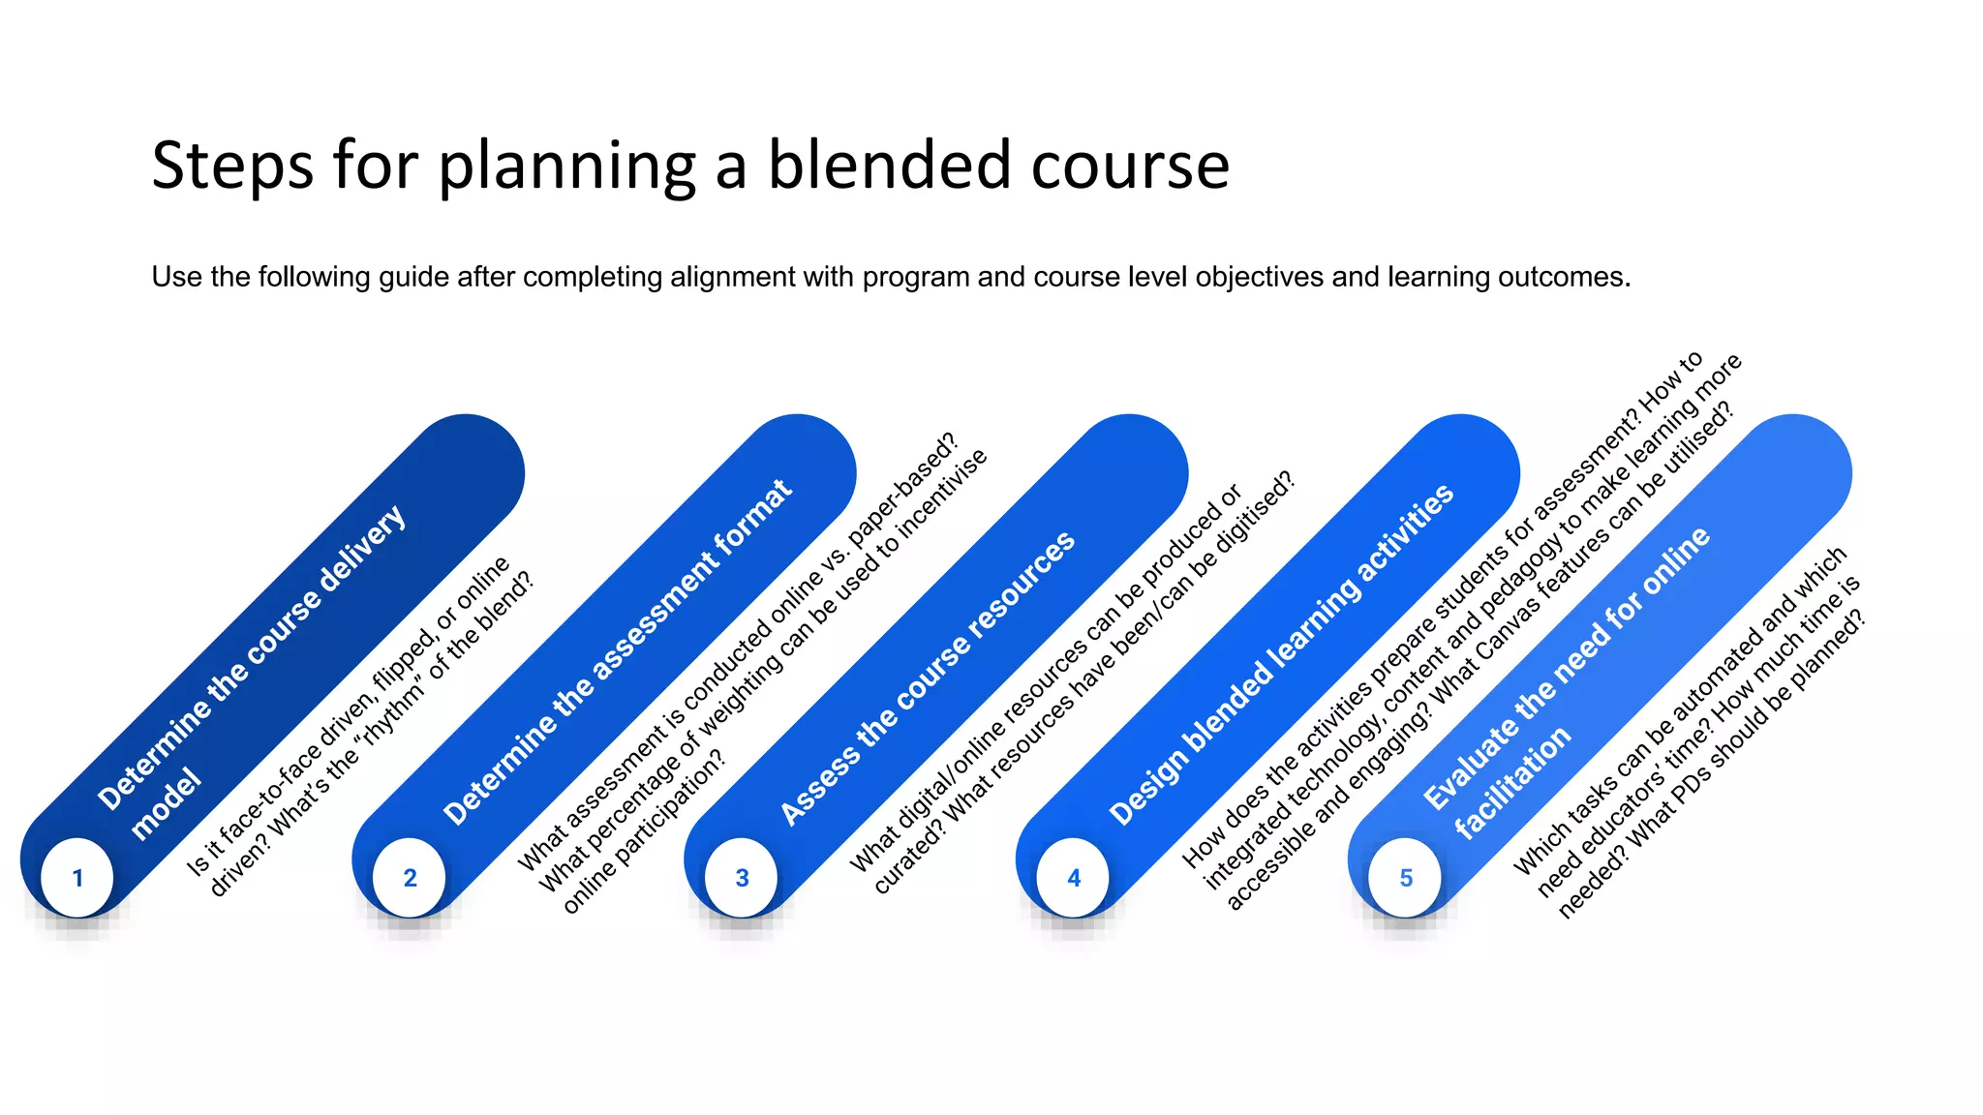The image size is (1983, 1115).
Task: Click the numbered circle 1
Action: (77, 878)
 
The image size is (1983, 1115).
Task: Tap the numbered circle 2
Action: (410, 878)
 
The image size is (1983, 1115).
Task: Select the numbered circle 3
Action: (742, 878)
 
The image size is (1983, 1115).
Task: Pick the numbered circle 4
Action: (1074, 878)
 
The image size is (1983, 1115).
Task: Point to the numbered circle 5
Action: (1406, 878)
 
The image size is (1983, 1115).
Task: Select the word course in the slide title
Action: (1130, 166)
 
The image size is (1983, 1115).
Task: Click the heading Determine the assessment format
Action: (618, 652)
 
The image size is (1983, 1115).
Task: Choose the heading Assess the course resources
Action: (928, 678)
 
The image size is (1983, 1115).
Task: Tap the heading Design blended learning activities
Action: (1281, 655)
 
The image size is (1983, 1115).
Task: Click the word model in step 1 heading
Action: (167, 804)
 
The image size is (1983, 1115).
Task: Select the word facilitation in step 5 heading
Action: (1512, 782)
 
